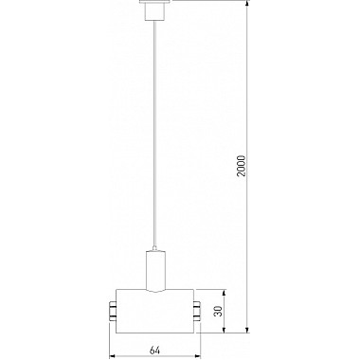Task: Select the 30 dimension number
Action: point(216,311)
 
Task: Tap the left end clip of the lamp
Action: point(112,310)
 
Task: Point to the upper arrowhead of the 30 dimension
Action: point(225,291)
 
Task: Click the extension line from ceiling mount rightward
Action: point(208,3)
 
